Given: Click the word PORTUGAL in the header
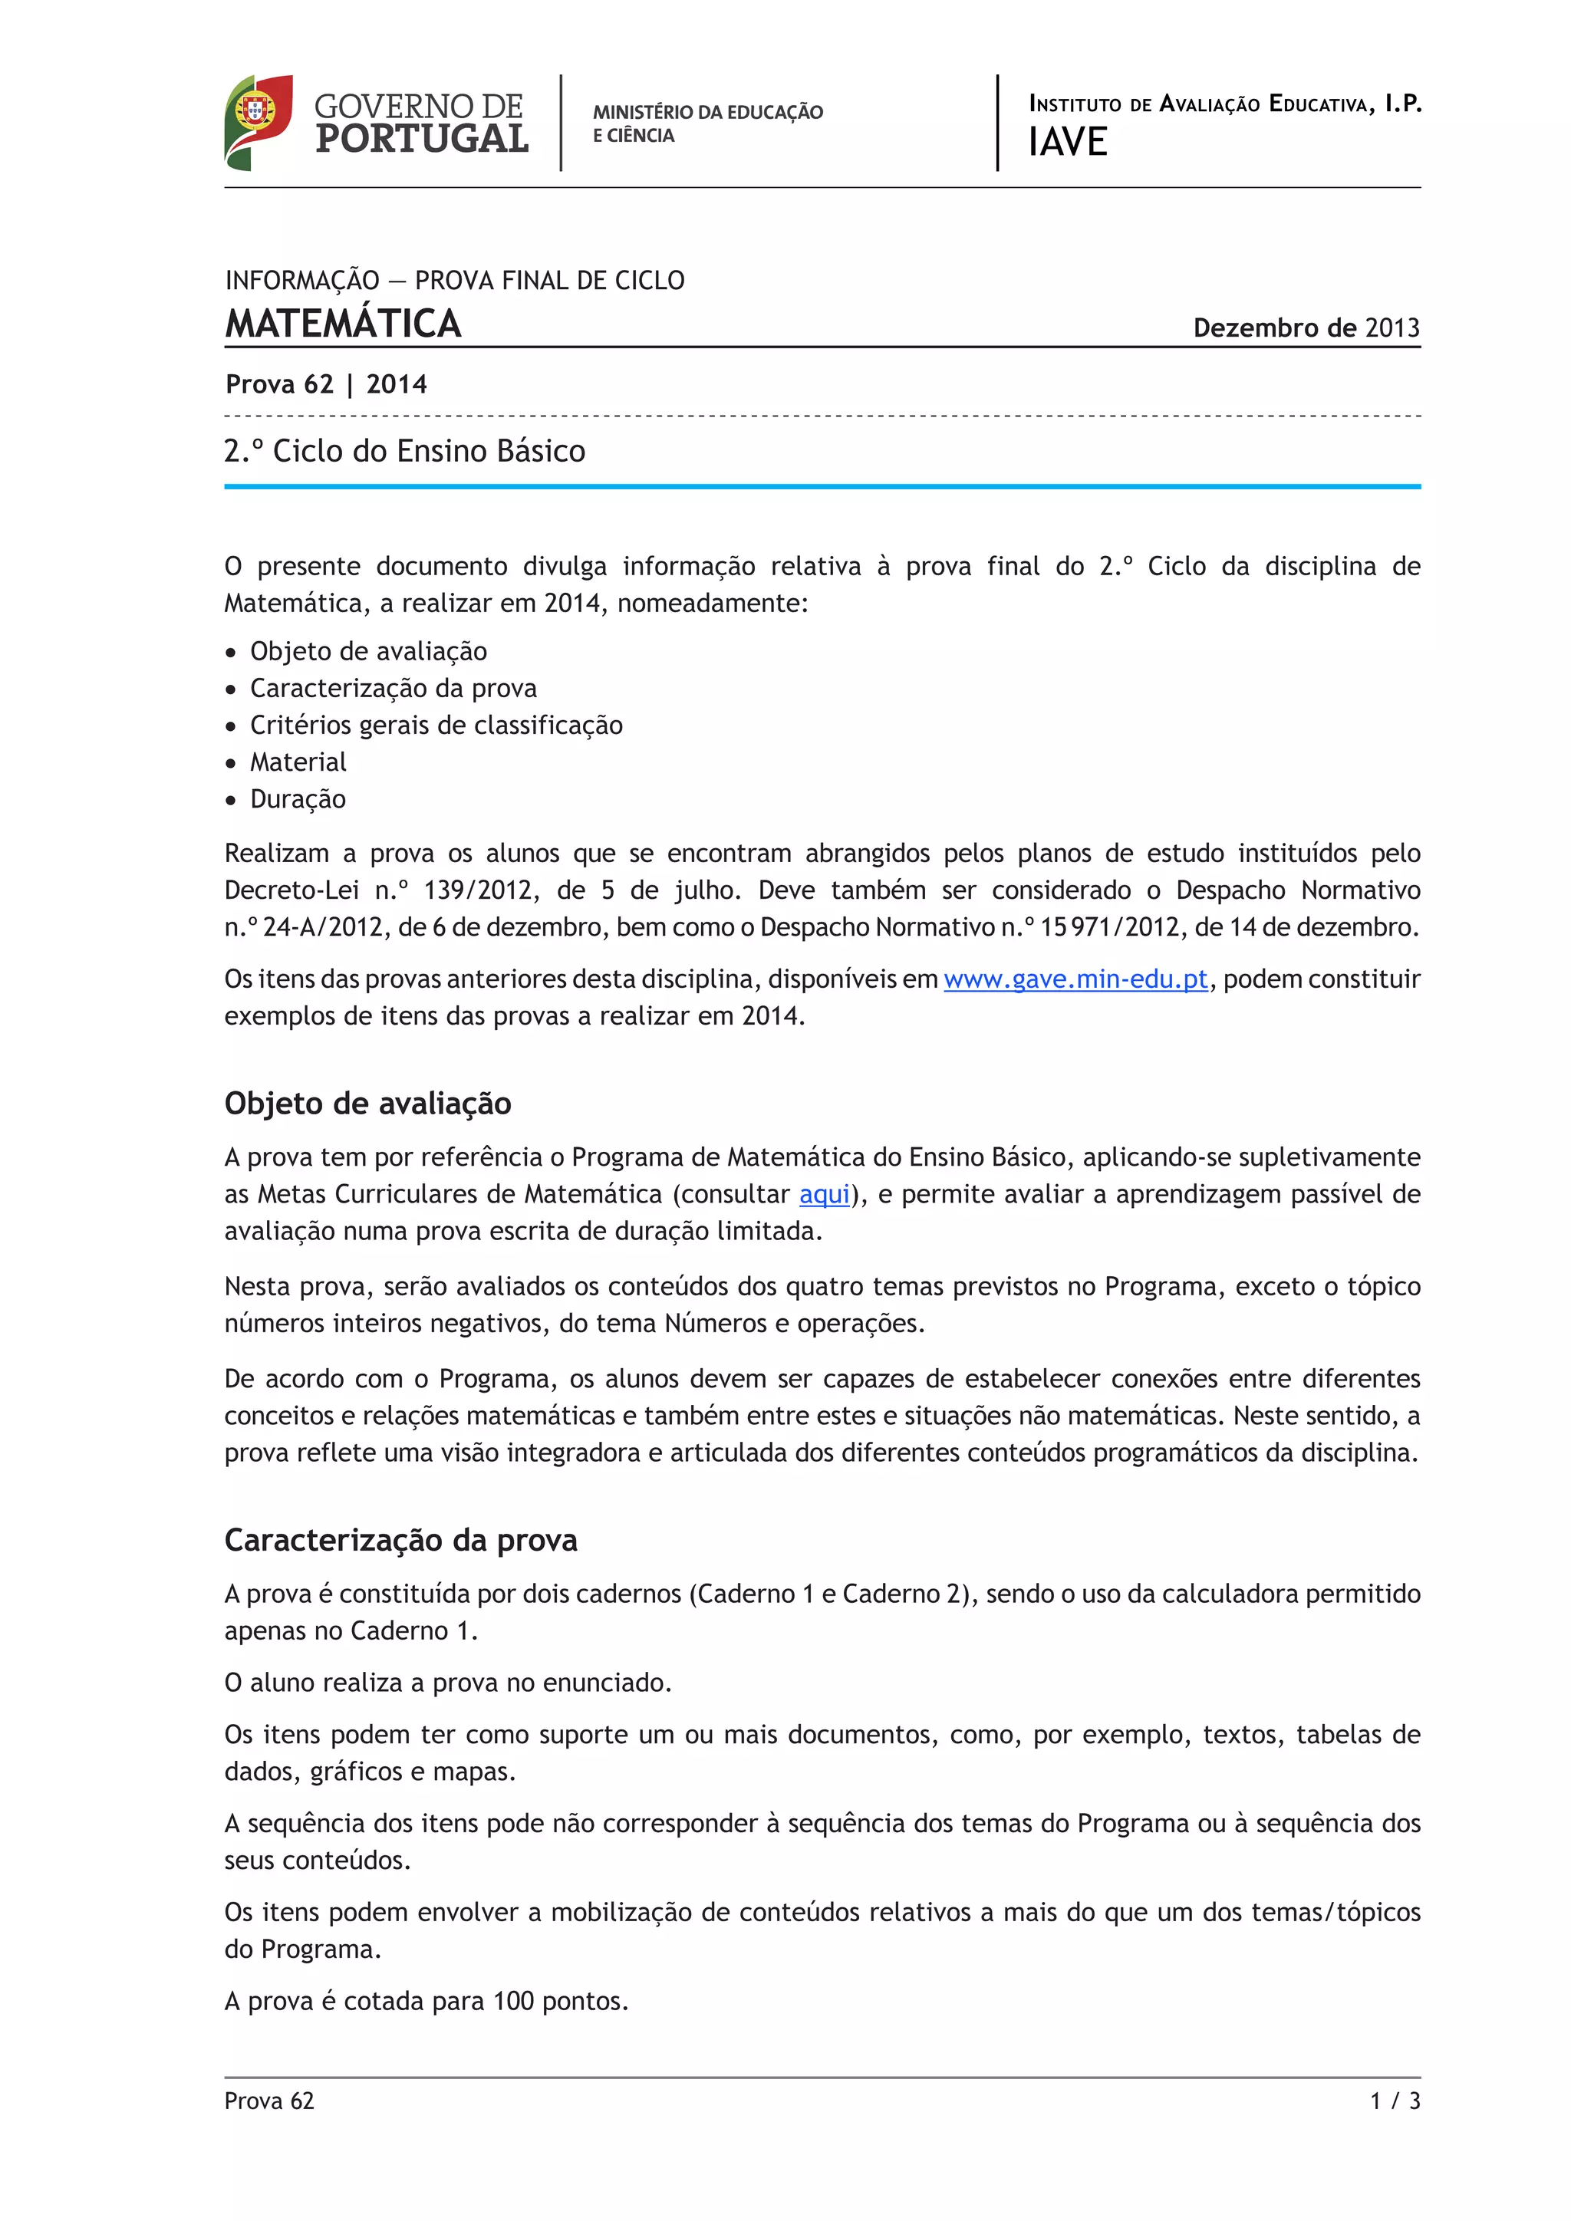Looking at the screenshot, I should [x=422, y=140].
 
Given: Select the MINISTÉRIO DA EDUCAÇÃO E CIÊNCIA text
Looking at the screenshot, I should [x=707, y=123].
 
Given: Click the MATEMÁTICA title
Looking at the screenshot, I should [x=344, y=324].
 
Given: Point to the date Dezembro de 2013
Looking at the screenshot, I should [x=1306, y=328].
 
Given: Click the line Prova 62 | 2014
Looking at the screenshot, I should [x=326, y=385].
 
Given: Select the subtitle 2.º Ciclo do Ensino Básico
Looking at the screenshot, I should [x=404, y=452].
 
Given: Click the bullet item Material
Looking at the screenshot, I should [x=298, y=762].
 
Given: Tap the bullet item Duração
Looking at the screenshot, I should [x=298, y=799].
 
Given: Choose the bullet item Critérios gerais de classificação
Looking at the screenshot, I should [x=436, y=726].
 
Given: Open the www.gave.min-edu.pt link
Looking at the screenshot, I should [x=1075, y=980].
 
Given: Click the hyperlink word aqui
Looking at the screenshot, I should [x=824, y=1195].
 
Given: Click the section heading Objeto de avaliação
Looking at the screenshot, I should [x=367, y=1104].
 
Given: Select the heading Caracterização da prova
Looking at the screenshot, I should [x=400, y=1540].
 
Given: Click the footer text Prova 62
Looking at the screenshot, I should [x=269, y=2101].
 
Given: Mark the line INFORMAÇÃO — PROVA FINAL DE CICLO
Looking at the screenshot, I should [x=455, y=281].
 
